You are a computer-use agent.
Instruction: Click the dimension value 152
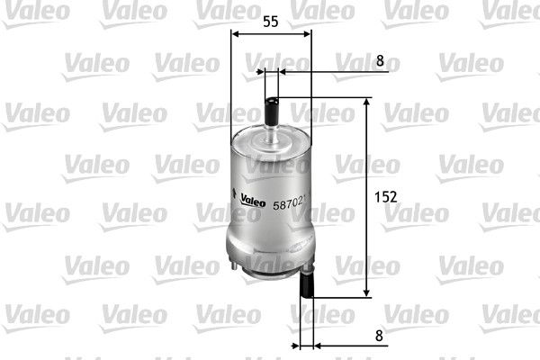tap(384, 196)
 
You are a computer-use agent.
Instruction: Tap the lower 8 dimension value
tap(380, 335)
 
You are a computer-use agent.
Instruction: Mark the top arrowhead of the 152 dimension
tap(366, 103)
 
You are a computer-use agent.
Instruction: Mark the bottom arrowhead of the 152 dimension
tap(366, 292)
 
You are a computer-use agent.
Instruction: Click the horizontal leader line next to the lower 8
tap(342, 346)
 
